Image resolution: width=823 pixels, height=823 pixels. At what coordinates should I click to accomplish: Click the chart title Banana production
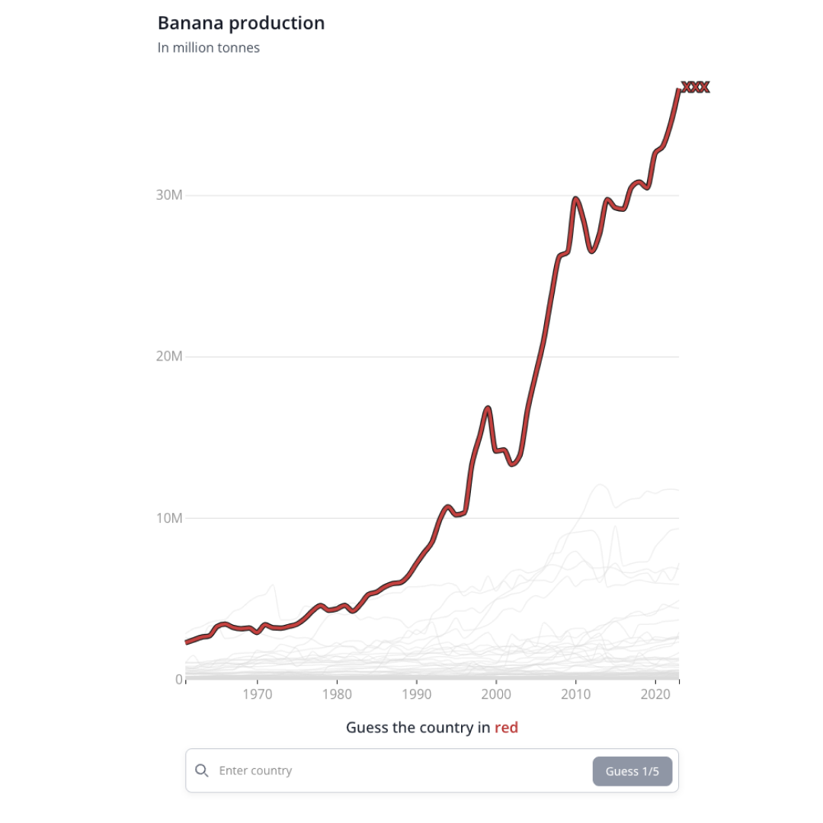(241, 24)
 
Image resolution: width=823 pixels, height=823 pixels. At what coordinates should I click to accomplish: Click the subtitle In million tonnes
(208, 48)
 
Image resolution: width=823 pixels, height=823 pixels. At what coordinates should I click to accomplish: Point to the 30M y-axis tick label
(169, 195)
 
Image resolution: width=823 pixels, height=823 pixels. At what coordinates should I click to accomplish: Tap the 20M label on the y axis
(169, 357)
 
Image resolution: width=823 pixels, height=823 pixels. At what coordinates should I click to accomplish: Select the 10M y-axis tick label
(169, 518)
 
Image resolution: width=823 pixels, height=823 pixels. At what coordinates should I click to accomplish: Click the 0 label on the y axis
(178, 680)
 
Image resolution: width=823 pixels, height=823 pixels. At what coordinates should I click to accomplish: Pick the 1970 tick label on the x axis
(258, 695)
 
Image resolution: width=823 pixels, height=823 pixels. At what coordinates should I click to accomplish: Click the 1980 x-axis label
(337, 695)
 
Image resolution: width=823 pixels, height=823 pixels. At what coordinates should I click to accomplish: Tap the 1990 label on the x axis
(416, 695)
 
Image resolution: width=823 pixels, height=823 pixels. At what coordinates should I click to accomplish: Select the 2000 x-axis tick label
(496, 695)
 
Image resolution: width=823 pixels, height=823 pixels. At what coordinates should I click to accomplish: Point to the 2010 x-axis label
(575, 695)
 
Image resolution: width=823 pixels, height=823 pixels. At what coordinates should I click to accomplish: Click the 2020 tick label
(655, 695)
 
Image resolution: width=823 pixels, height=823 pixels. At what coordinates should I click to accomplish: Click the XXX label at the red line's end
(695, 88)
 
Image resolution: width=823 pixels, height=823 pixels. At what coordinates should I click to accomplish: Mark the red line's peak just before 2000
(488, 408)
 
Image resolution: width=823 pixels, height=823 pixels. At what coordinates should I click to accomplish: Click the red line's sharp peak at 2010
(575, 200)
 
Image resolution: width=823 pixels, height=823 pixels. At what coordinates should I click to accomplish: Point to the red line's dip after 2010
(591, 250)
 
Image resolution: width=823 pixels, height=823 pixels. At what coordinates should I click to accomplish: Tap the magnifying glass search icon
(202, 770)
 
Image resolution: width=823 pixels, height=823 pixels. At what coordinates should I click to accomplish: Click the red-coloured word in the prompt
(506, 728)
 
